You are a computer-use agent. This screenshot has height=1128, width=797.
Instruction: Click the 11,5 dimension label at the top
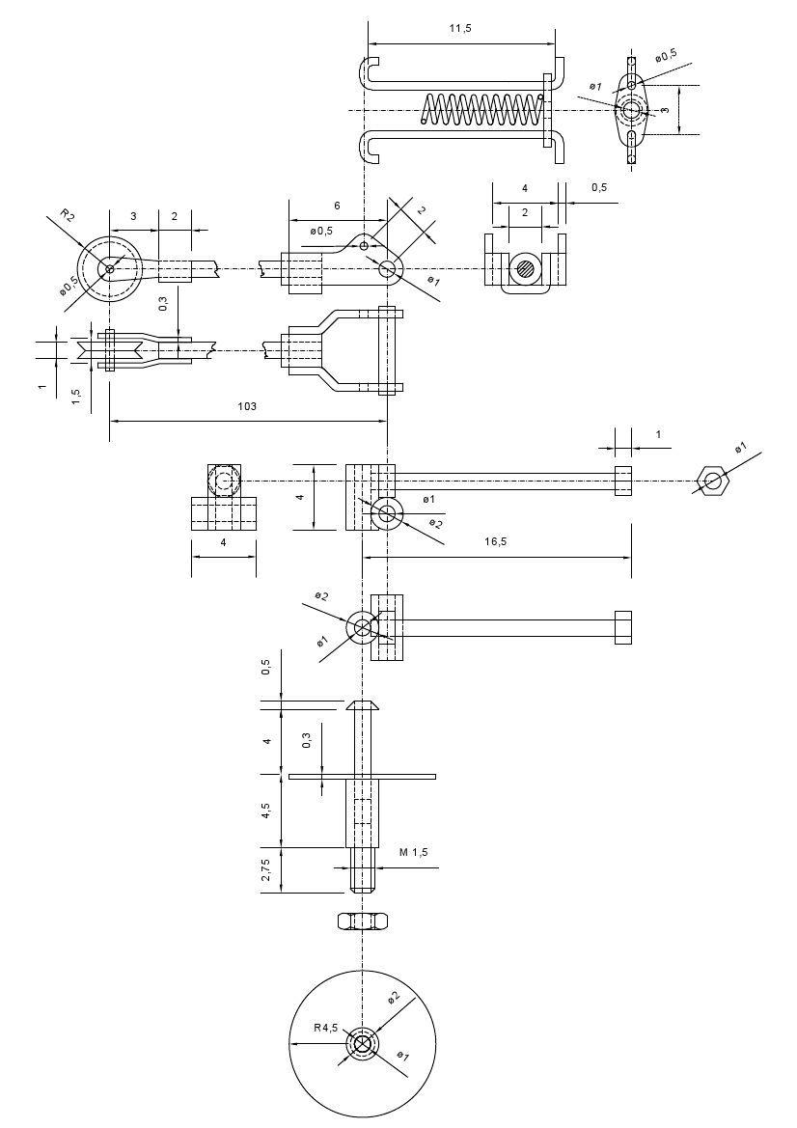(460, 28)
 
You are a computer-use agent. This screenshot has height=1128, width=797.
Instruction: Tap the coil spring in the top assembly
(481, 110)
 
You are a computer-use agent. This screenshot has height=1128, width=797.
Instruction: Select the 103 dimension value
(247, 406)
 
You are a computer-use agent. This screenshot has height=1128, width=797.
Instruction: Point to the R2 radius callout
(67, 215)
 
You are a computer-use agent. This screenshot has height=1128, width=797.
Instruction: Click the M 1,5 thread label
(414, 852)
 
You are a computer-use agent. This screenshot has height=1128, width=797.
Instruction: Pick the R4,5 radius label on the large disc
(325, 1028)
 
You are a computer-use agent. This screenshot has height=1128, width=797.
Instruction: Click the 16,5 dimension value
(495, 541)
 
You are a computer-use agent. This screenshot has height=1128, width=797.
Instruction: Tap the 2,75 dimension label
(267, 869)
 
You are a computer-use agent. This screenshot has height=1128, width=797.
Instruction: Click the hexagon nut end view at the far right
(713, 481)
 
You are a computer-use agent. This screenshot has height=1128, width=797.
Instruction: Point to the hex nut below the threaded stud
(363, 921)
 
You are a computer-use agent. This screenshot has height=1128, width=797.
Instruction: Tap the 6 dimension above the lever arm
(337, 206)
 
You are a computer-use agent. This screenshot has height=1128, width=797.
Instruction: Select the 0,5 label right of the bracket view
(599, 188)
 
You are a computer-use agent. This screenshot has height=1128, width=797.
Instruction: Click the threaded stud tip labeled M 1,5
(363, 869)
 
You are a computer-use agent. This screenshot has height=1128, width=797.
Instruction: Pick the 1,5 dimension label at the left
(75, 398)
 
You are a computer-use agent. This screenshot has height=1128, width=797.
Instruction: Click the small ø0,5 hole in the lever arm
(364, 246)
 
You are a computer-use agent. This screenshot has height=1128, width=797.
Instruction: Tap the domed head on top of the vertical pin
(363, 704)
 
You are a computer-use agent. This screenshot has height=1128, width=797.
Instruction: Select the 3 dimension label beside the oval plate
(666, 110)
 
